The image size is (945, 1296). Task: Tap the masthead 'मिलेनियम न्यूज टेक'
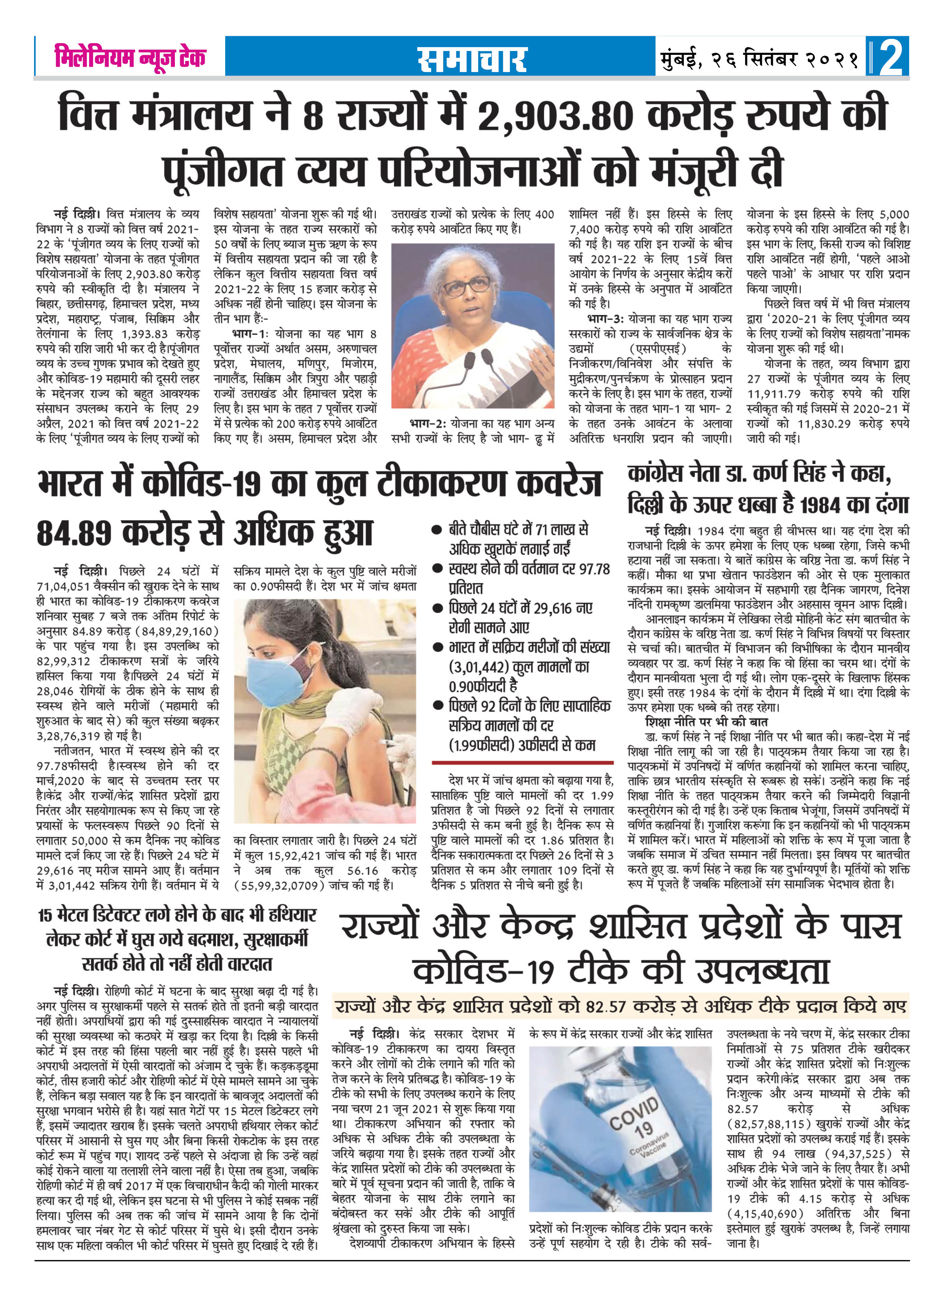pos(130,57)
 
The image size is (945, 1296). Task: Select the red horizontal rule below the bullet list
pos(522,763)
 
